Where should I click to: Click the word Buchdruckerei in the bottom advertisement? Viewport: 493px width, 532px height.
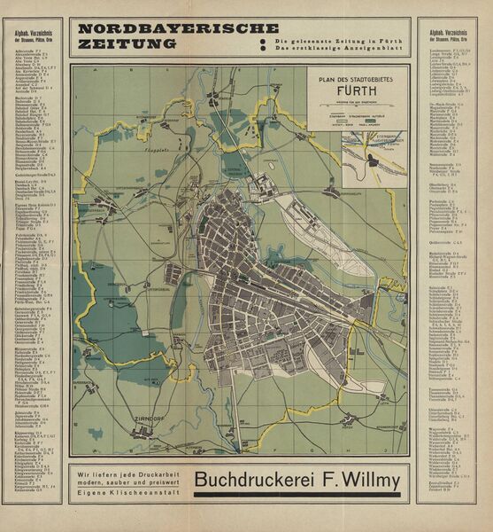pos(258,481)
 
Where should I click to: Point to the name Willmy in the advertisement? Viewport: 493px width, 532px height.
pos(371,481)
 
